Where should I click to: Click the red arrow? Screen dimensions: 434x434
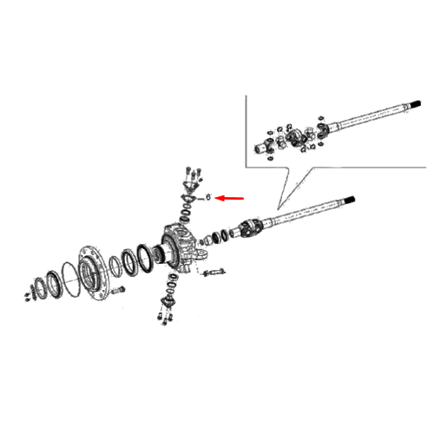[x=230, y=198]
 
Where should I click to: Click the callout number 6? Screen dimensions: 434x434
[x=207, y=197]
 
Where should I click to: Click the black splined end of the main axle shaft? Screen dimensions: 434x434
[x=350, y=200]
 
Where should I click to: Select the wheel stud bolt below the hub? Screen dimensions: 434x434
[x=117, y=290]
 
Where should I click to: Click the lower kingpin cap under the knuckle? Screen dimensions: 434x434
[x=168, y=301]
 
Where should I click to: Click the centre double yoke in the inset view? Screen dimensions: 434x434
[x=296, y=137]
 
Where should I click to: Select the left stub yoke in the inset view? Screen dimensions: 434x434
[x=264, y=147]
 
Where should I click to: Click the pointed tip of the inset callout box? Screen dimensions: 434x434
[x=278, y=209]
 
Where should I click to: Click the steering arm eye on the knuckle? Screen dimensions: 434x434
[x=201, y=254]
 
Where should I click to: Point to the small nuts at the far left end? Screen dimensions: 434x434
[x=28, y=297]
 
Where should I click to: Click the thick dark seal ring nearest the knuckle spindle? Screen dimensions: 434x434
[x=144, y=258]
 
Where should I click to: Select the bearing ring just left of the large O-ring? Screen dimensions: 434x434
[x=54, y=285]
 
